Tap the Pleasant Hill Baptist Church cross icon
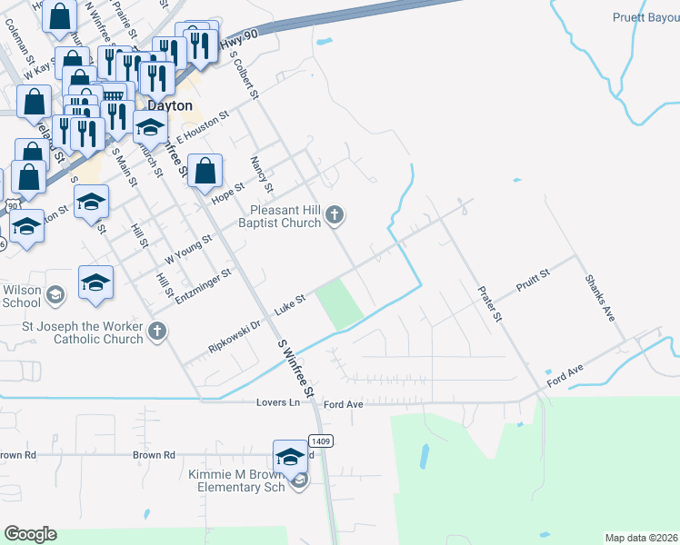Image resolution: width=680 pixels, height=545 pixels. [x=335, y=214]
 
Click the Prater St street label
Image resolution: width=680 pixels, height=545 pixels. [x=490, y=303]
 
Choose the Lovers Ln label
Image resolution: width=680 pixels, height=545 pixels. [x=277, y=402]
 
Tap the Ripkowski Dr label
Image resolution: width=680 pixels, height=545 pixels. [x=235, y=334]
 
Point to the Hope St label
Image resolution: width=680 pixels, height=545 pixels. [x=228, y=193]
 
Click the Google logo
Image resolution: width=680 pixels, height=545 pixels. [x=30, y=534]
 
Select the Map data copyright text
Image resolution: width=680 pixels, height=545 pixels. [x=641, y=538]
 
